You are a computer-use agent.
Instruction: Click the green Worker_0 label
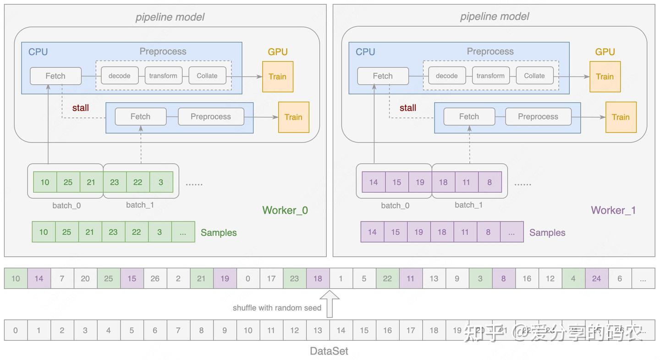285,210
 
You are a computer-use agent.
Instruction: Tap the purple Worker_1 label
613,210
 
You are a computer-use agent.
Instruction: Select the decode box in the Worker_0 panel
119,76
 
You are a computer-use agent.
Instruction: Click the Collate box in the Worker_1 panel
534,76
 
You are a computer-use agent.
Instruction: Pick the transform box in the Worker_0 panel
163,76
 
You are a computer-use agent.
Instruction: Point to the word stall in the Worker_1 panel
407,108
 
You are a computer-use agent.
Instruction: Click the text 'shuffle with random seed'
277,308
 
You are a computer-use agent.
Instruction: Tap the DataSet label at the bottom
329,351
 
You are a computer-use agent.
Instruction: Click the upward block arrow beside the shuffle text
330,304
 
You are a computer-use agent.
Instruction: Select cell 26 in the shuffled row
155,278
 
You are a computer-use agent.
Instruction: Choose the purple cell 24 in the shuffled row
596,278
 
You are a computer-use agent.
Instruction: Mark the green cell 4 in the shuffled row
573,278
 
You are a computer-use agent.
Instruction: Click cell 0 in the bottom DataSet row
16,330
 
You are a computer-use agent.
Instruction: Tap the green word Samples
219,233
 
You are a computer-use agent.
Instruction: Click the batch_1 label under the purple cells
468,205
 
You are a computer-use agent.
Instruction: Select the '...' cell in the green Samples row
183,232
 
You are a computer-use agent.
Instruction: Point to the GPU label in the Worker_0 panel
277,52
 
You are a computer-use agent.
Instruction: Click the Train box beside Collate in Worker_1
605,77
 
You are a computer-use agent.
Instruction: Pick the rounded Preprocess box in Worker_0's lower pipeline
210,116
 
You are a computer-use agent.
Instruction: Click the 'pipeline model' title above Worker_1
494,17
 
